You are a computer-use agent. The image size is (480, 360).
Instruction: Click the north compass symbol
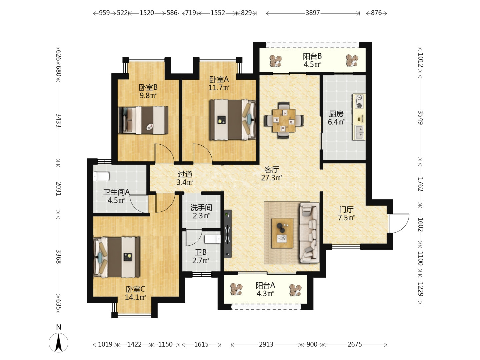[58, 343]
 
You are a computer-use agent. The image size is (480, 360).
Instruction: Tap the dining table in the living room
[284, 120]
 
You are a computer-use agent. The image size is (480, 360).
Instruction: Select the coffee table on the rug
[282, 233]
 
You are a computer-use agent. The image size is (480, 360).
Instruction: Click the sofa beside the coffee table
[309, 233]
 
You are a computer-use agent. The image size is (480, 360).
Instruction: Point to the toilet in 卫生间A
[101, 176]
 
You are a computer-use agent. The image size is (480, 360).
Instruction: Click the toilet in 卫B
[212, 239]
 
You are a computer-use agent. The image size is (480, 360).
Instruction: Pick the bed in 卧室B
[143, 120]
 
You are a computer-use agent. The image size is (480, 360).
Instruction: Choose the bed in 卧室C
[117, 257]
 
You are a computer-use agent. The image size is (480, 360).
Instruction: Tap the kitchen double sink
[359, 132]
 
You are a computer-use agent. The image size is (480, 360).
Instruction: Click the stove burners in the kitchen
[359, 101]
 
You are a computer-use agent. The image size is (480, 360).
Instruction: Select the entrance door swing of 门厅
[399, 223]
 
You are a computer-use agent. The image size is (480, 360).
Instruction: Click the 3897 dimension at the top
[313, 13]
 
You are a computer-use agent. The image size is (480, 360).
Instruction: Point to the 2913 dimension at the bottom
[266, 345]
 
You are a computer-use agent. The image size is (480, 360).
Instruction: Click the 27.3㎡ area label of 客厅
[272, 178]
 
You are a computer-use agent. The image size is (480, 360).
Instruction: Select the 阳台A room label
[265, 285]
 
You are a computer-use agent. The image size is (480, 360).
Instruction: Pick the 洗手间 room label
[201, 207]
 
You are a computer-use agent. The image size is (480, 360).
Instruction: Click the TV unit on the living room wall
[228, 234]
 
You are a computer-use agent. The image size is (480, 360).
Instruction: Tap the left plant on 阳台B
[276, 61]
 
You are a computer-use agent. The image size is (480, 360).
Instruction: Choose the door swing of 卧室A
[202, 153]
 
